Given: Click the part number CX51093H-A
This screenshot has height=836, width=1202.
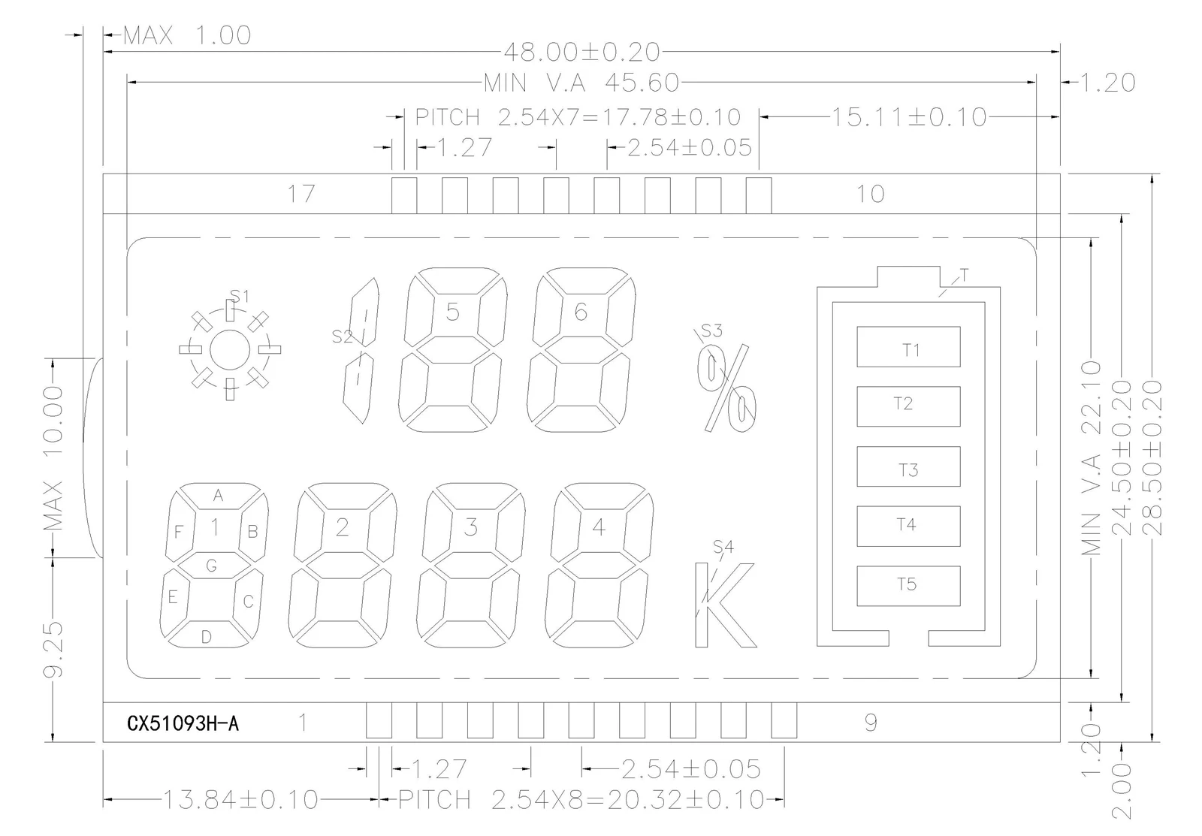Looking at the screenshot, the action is click(183, 723).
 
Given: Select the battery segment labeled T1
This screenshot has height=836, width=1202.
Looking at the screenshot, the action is click(908, 346).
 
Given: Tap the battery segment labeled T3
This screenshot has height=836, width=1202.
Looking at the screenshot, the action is click(908, 466).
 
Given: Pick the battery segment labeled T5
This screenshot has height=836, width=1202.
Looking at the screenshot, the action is click(908, 586).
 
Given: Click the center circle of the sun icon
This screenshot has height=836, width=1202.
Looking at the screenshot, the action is click(230, 350).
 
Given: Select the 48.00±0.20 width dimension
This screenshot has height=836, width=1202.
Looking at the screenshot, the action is click(581, 52).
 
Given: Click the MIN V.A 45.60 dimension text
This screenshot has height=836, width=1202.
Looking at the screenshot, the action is click(581, 83).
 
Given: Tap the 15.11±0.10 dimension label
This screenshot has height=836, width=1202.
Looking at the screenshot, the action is click(909, 117).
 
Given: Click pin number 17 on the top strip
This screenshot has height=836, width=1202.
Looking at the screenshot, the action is click(301, 194).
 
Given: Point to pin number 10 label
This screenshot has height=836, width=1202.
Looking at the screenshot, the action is click(870, 194).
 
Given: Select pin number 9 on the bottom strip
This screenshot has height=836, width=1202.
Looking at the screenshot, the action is click(871, 723).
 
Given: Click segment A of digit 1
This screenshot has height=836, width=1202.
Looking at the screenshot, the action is click(218, 496).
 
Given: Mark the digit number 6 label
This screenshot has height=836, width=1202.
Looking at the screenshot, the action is click(581, 312).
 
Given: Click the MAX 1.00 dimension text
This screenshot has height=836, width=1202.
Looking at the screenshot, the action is click(187, 35).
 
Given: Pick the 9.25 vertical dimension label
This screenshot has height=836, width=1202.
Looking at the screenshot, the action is click(53, 649).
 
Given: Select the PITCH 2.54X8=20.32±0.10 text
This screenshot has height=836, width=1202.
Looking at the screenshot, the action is click(581, 799).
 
